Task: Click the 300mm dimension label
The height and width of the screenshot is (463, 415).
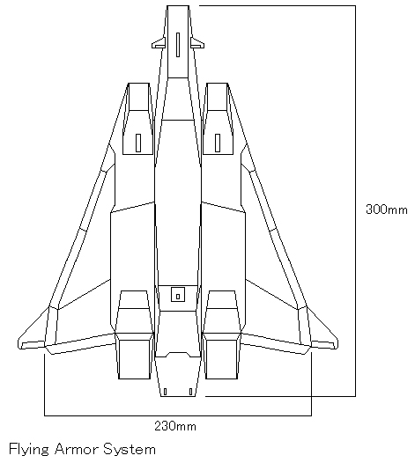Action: tap(386, 209)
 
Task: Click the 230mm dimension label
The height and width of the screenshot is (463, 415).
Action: tap(175, 426)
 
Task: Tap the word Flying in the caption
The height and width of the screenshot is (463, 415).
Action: tap(29, 450)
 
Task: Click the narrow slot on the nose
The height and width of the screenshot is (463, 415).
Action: tap(178, 45)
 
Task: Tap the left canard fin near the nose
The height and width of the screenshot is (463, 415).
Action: tap(159, 43)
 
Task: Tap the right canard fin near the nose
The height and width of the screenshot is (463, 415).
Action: tap(197, 43)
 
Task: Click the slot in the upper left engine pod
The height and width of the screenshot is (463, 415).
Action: tap(138, 143)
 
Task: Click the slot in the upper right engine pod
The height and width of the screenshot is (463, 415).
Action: tap(218, 143)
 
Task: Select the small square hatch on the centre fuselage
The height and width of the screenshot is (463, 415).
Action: tap(178, 295)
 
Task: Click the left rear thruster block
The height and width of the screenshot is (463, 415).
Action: tap(134, 359)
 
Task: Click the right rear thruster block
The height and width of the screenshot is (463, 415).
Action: tap(222, 359)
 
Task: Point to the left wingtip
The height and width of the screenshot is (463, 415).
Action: tap(19, 343)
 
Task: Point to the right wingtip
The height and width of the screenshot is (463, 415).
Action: tap(337, 343)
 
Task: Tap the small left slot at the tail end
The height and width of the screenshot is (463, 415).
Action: tap(165, 392)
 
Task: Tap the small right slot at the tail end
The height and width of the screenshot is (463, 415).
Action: tap(190, 392)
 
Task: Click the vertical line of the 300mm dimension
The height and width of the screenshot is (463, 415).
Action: tap(355, 201)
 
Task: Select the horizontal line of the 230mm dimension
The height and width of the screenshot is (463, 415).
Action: tap(178, 415)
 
